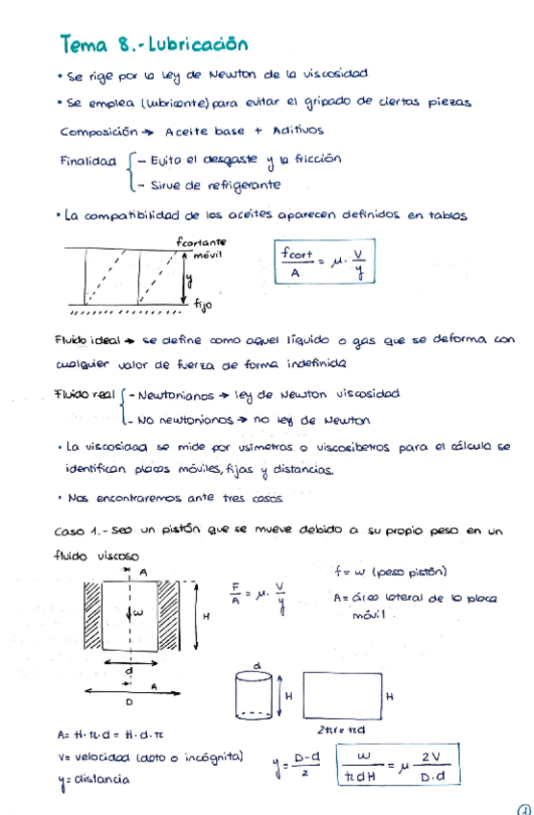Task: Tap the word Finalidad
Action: (88, 161)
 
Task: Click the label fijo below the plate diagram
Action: (203, 306)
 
